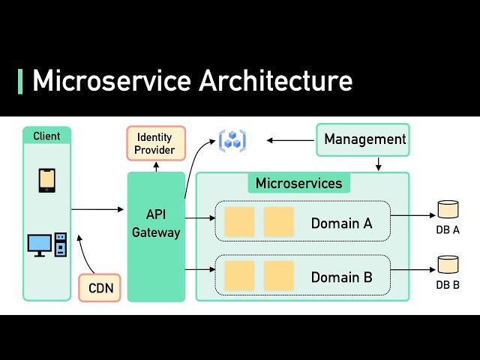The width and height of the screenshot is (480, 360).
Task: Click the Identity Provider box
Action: coord(154,144)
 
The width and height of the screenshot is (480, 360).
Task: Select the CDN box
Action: coord(100,287)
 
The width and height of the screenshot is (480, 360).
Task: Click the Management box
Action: coord(363,139)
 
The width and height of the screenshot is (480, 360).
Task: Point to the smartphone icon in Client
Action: coord(47,180)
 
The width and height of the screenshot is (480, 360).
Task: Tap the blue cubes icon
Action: coord(232,140)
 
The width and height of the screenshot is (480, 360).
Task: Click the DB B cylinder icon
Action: coord(448,264)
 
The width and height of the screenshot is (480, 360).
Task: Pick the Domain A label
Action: coord(341,223)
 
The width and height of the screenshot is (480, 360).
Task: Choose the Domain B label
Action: coord(341,277)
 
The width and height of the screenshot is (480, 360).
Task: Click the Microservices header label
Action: coord(298,184)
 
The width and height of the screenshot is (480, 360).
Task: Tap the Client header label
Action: coord(46,136)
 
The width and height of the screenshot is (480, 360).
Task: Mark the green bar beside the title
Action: coord(20,81)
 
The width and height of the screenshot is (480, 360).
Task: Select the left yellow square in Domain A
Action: coord(239,222)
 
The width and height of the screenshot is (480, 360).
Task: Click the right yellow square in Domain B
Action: coord(278,276)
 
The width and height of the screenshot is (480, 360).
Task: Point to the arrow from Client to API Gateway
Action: coord(97,209)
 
